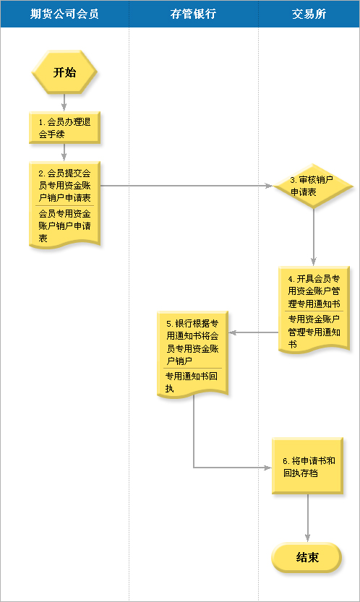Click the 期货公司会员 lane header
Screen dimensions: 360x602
[64, 14]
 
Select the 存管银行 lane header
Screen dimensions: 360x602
[193, 14]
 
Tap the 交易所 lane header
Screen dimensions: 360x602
[309, 14]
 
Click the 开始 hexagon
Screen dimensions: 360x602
[64, 72]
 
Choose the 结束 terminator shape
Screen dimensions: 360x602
[307, 557]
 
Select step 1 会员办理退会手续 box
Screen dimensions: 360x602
[64, 128]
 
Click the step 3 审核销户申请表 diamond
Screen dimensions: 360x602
[314, 186]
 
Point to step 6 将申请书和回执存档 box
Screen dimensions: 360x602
[307, 465]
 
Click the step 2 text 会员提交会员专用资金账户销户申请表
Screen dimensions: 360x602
[64, 186]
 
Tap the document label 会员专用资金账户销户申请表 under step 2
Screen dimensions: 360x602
[64, 225]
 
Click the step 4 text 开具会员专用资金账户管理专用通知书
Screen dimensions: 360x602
[314, 291]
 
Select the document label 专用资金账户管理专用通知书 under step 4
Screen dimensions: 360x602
[314, 332]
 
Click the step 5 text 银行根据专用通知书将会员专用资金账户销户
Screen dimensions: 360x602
[192, 342]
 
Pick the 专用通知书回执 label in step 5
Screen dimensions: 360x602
[192, 382]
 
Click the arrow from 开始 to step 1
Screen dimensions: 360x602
[64, 103]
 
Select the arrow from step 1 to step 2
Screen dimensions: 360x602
[64, 152]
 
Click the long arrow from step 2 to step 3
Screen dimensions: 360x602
[187, 186]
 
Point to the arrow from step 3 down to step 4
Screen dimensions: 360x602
[314, 237]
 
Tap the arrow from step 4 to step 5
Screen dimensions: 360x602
[254, 332]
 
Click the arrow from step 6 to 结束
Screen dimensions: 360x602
[307, 518]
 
